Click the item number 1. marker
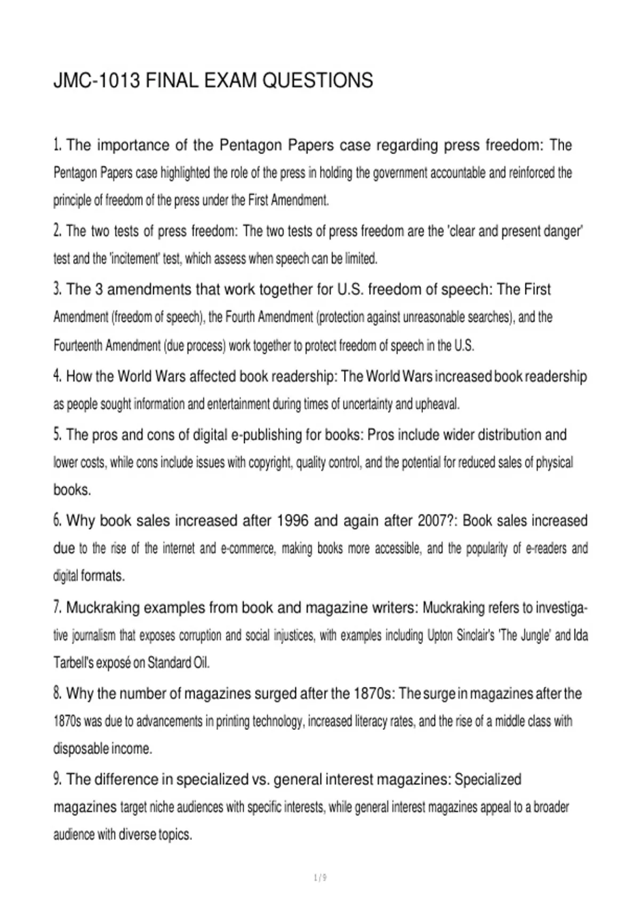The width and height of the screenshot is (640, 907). click(x=58, y=145)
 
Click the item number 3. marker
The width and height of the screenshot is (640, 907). click(x=58, y=289)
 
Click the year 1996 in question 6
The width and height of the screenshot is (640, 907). click(x=293, y=521)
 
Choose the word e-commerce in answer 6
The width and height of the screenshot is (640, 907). click(x=247, y=548)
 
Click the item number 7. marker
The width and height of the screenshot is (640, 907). click(x=58, y=607)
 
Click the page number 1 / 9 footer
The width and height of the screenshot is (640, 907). click(x=321, y=878)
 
